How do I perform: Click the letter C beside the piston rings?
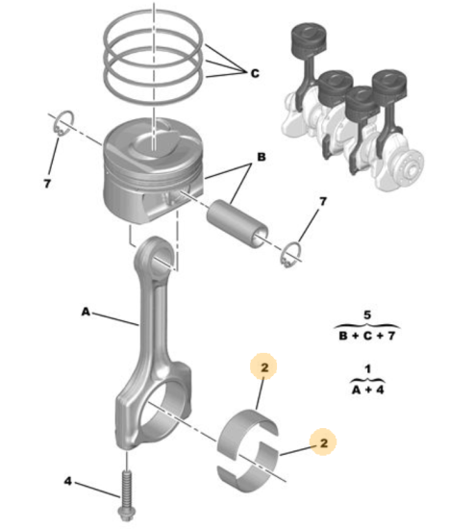[255, 73]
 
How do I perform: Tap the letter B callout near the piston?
[262, 157]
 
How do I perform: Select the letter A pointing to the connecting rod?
[86, 312]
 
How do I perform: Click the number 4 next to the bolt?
[68, 481]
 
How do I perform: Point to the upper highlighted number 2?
[264, 367]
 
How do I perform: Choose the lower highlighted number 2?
[323, 442]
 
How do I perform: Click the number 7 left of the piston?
[47, 184]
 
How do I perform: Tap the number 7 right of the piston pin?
[323, 201]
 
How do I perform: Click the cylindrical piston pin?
[237, 224]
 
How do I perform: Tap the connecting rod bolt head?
[126, 514]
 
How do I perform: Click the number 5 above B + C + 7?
[367, 315]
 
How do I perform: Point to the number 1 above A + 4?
[367, 368]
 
